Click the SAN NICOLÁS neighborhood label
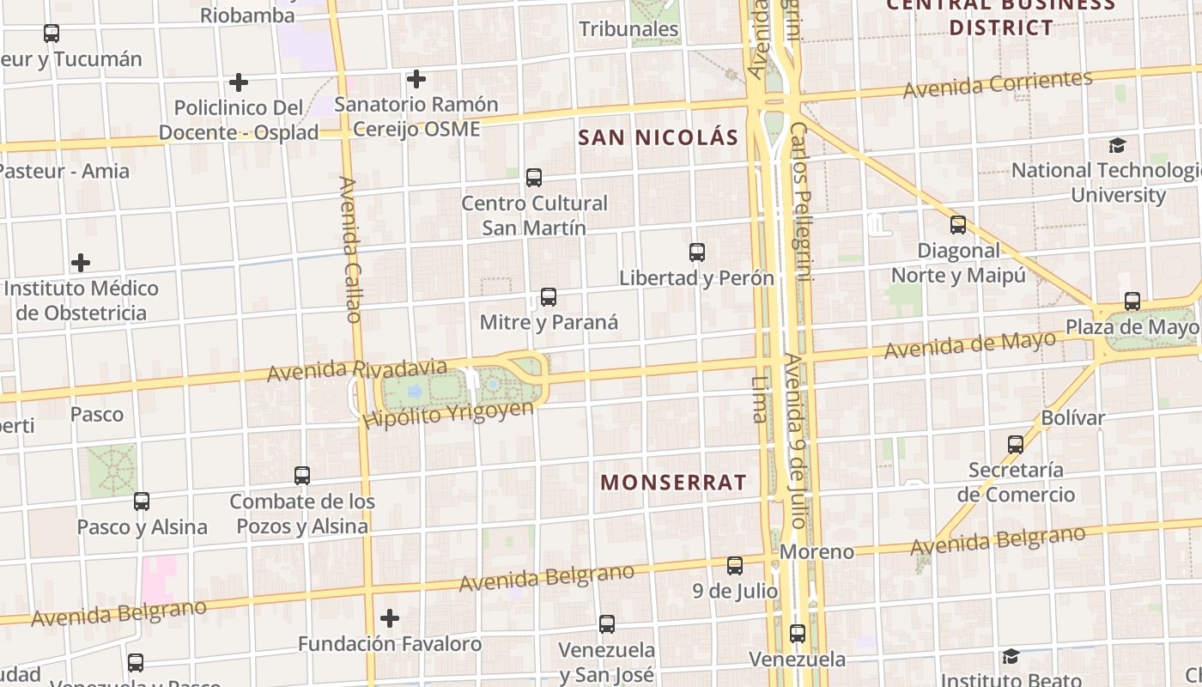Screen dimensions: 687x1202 (x=658, y=137)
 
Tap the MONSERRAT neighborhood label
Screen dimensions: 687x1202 (x=673, y=483)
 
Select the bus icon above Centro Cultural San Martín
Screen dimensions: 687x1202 (x=534, y=178)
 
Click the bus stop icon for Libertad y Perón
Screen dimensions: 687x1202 (x=697, y=252)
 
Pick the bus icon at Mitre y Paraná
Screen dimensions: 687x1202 (x=549, y=297)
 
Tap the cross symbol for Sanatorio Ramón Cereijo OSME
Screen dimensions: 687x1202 (x=416, y=79)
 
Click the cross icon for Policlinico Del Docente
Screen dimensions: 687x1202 (x=239, y=82)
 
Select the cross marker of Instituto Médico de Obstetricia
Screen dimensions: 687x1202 (x=81, y=263)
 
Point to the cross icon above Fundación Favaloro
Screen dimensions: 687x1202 (x=390, y=618)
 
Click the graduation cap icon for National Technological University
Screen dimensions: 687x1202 (x=1117, y=145)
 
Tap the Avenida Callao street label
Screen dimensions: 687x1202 (x=350, y=249)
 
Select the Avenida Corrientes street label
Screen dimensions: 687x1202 (x=997, y=84)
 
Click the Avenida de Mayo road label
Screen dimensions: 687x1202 (x=969, y=345)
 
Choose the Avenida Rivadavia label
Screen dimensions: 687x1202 (x=356, y=370)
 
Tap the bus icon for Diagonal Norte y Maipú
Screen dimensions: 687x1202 (x=958, y=225)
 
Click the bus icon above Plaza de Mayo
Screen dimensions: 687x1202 (x=1132, y=301)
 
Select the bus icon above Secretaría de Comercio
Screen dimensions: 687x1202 (x=1016, y=444)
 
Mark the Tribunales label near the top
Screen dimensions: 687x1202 (x=628, y=29)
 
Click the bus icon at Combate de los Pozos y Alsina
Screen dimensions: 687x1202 (x=302, y=475)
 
